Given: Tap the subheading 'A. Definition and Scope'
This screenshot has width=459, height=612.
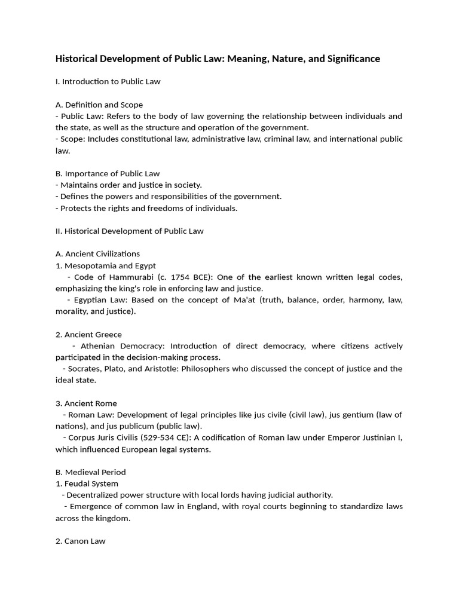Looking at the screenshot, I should click(99, 105).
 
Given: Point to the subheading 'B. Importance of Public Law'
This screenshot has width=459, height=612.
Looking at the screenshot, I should click(108, 173).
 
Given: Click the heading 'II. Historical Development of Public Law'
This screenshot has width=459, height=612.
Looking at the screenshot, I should click(130, 231).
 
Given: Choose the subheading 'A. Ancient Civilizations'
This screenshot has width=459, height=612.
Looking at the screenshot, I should click(98, 254).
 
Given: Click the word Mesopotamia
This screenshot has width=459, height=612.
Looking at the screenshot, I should click(89, 265).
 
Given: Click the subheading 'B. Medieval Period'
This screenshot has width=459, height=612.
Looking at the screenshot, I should click(91, 472).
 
